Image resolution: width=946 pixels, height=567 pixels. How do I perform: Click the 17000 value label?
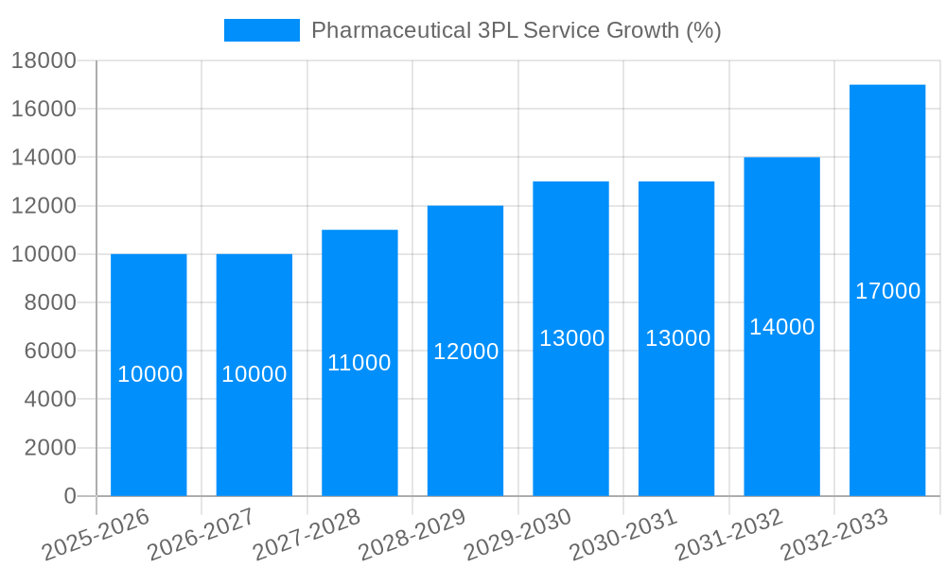point(887,291)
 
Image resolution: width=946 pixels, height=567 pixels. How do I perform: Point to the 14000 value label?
point(781,327)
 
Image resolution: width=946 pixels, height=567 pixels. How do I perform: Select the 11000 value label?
point(359,363)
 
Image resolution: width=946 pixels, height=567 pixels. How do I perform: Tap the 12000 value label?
point(465,352)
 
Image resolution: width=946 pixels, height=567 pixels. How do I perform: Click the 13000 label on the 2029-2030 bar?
point(571,338)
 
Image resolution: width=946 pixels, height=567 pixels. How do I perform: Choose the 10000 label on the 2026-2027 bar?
point(254,374)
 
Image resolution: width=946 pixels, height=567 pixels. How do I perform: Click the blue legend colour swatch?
point(261,30)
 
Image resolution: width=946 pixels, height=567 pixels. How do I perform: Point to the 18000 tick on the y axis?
point(43,60)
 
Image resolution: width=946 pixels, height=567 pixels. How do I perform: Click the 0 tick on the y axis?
point(69,495)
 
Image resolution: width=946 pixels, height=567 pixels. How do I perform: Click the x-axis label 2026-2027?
point(201,535)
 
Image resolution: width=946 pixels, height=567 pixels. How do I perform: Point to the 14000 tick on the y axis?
point(43,158)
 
